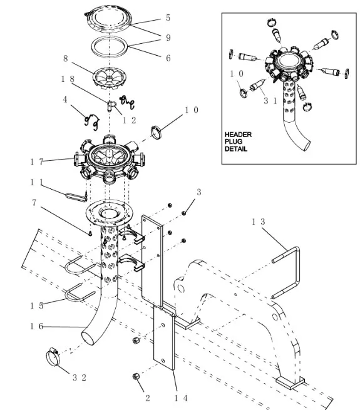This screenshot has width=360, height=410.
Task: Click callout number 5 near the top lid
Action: (x=168, y=18)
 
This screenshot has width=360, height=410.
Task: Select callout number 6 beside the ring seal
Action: (x=168, y=58)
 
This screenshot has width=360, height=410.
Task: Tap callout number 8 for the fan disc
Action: (x=66, y=58)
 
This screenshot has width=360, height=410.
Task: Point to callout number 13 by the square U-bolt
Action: (x=259, y=222)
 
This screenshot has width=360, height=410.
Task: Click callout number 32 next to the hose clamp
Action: (x=80, y=377)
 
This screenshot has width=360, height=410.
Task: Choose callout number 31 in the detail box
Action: (x=270, y=101)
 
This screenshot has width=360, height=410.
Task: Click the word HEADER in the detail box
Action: (x=238, y=135)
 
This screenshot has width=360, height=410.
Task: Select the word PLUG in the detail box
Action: (x=234, y=141)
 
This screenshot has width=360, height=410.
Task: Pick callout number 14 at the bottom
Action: (x=181, y=398)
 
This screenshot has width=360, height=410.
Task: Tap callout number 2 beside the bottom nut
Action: (x=148, y=398)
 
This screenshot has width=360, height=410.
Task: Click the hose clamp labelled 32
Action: (x=53, y=357)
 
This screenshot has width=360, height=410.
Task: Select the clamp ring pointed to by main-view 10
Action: (x=157, y=132)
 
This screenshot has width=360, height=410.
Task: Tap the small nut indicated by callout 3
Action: (x=183, y=213)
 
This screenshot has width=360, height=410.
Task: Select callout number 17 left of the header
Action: (x=37, y=162)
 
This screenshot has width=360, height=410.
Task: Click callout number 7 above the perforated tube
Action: (x=34, y=203)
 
